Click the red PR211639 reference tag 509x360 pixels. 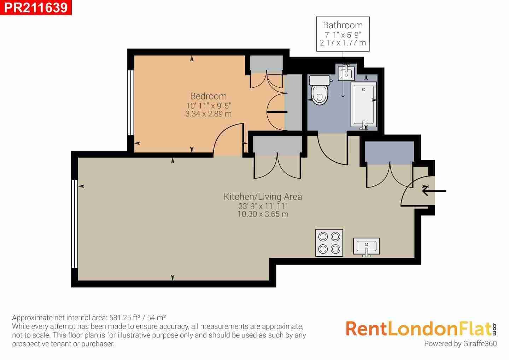pos(36,7)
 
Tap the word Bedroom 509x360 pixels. pos(209,96)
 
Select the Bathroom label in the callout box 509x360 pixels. pos(343,25)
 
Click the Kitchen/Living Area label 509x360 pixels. pos(263,197)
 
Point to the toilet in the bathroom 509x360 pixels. pos(320,90)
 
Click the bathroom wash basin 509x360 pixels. pos(346,73)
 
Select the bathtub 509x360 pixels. pos(364,105)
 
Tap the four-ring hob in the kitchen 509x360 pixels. pos(329,243)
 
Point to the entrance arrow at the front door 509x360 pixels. pos(434,191)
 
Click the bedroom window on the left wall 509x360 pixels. pos(131,103)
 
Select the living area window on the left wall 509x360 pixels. pos(75,224)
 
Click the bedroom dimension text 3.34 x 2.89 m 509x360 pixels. pos(209,114)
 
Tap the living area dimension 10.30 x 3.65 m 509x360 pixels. pos(263,214)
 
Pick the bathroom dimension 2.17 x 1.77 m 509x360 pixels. pos(343,43)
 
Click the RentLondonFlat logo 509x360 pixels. pos(421,329)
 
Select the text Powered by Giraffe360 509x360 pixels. pos(460,344)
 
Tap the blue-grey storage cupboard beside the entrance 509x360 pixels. pos(390,153)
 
